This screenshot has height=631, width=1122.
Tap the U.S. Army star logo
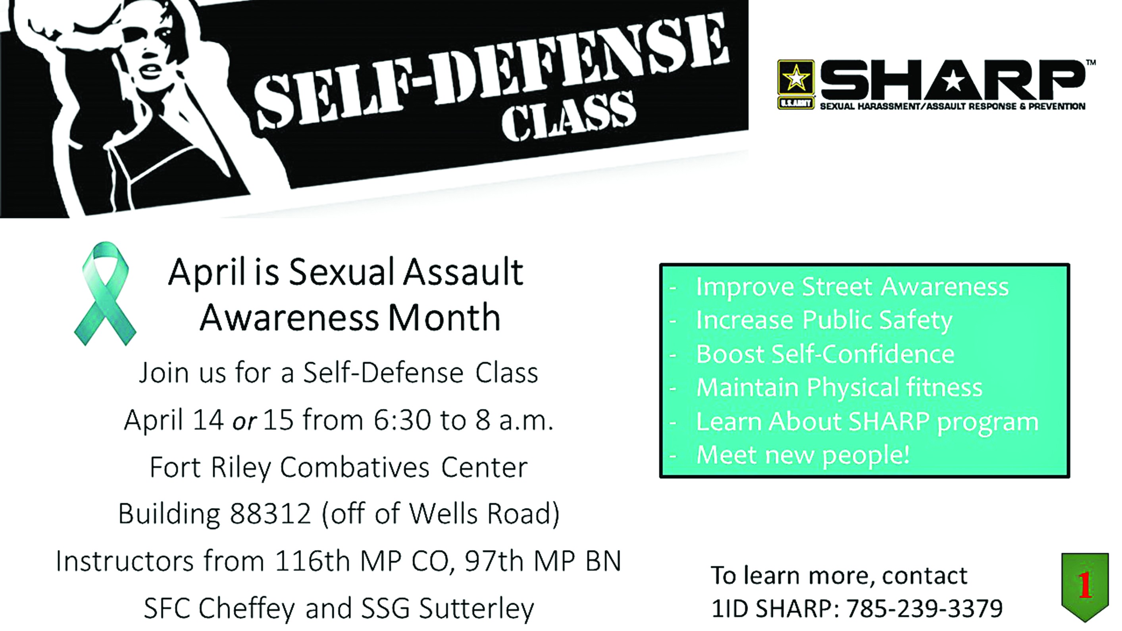[x=796, y=84]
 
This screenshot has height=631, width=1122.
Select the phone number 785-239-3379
[x=925, y=608]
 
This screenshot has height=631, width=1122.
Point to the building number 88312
[x=270, y=514]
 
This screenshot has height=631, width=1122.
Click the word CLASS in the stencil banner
[x=568, y=117]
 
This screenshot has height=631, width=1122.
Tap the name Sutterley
[x=477, y=608]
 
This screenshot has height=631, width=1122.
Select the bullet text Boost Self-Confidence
[x=826, y=354]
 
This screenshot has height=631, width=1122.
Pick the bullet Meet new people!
[x=803, y=455]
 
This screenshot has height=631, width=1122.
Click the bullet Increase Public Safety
[x=824, y=320]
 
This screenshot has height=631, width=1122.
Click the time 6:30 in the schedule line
[x=402, y=420]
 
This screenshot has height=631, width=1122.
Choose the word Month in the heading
[x=444, y=317]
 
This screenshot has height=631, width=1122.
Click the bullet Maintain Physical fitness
[x=839, y=388]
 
